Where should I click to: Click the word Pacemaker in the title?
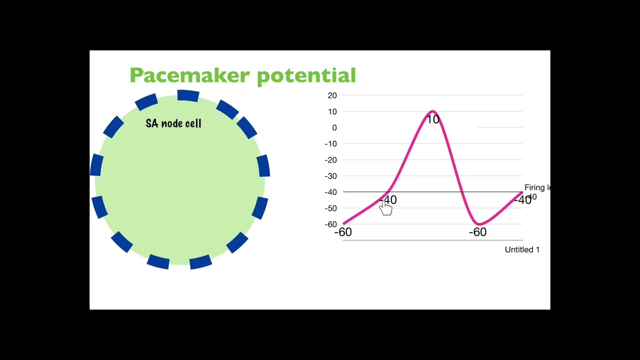point(190,75)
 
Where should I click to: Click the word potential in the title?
point(306,75)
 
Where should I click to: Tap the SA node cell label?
point(173,123)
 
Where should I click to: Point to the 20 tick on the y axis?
point(332,95)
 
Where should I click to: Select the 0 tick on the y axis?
point(334,128)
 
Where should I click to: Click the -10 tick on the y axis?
point(330,144)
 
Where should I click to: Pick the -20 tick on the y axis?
point(330,160)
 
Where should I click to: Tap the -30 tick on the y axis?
point(330,176)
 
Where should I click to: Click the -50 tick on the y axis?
point(330,208)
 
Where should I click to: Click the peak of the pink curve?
point(432,111)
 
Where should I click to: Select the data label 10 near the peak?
point(433,119)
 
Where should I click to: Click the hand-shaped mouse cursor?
point(386,208)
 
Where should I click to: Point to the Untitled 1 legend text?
point(522,249)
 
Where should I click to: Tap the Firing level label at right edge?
point(537,188)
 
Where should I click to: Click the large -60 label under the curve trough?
point(477,232)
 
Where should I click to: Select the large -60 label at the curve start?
point(343,232)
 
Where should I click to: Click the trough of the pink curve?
point(478,224)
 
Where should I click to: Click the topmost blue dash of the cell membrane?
point(188,95)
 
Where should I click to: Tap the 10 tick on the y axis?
point(332,111)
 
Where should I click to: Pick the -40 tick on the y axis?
point(330,192)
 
